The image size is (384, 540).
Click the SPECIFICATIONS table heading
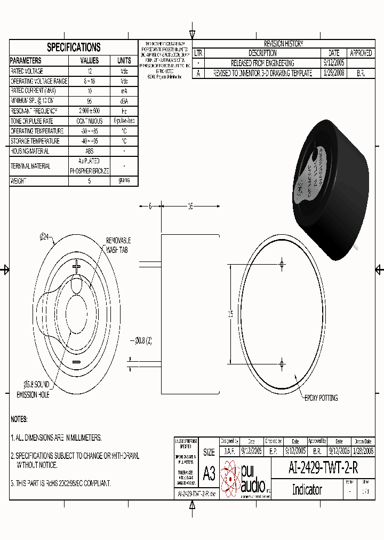coord(74,47)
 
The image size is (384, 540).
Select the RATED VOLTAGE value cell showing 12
coord(89,71)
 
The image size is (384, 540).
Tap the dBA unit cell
coord(124,101)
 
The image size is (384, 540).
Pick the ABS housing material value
coord(89,151)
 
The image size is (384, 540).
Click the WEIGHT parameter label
coord(19,181)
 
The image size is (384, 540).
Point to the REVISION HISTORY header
coord(283,44)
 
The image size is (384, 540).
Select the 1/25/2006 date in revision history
coord(334,73)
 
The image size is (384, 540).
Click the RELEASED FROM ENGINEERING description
coord(262,63)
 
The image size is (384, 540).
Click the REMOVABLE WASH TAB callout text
coord(118,245)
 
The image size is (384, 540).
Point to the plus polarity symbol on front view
coord(76,266)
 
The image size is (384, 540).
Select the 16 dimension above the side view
coord(190,207)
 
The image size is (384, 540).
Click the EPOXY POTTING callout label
coord(321,398)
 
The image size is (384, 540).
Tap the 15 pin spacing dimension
coord(230,314)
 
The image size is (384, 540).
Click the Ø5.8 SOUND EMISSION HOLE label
coord(33,390)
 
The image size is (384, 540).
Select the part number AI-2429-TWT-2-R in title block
coord(323,468)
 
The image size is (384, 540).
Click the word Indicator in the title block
coord(307,489)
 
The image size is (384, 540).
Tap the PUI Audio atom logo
coord(230,477)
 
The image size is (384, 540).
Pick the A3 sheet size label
coord(209,474)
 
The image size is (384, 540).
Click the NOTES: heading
coord(19,419)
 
